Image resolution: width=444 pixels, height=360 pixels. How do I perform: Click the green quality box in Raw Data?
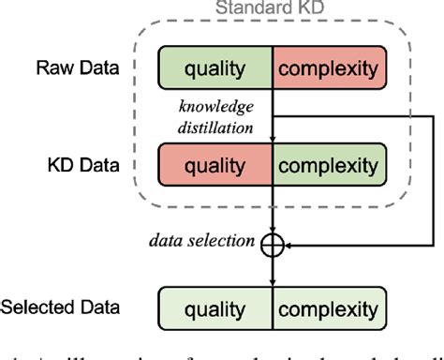(x=215, y=67)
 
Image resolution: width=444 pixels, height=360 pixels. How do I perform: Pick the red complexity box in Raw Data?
(x=328, y=67)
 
